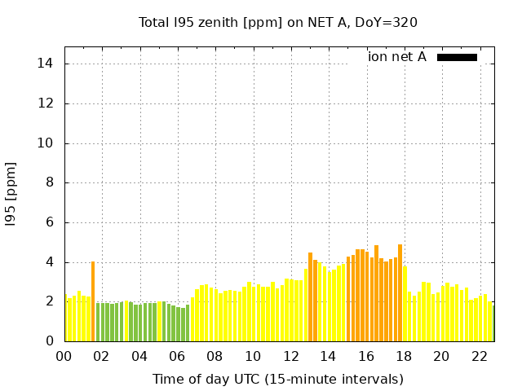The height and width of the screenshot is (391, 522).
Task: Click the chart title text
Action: pyautogui.click(x=277, y=23)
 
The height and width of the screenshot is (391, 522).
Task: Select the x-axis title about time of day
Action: pyautogui.click(x=277, y=379)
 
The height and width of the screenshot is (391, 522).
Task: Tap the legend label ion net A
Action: pyautogui.click(x=396, y=57)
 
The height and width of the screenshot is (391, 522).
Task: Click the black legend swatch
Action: pyautogui.click(x=457, y=57)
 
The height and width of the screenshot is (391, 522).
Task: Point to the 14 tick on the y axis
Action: pyautogui.click(x=48, y=64)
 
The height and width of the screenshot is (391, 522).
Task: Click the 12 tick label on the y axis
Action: pyautogui.click(x=48, y=103)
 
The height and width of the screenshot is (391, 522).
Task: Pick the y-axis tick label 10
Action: pyautogui.click(x=48, y=143)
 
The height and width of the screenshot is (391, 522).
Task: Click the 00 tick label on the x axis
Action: pyautogui.click(x=64, y=357)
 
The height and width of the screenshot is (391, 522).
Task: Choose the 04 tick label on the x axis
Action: pyautogui.click(x=139, y=357)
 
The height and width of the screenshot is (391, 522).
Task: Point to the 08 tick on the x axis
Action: pyautogui.click(x=215, y=357)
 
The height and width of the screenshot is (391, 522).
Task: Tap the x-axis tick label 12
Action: pyautogui.click(x=290, y=357)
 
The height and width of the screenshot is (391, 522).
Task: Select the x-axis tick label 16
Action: pyautogui.click(x=366, y=357)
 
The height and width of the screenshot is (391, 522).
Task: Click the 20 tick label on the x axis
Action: pyautogui.click(x=441, y=357)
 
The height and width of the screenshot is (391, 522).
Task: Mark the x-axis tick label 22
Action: pyautogui.click(x=479, y=357)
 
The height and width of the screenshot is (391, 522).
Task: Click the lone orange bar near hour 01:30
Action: pyautogui.click(x=93, y=301)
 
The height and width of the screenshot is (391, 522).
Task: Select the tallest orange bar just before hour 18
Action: pyautogui.click(x=400, y=293)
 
